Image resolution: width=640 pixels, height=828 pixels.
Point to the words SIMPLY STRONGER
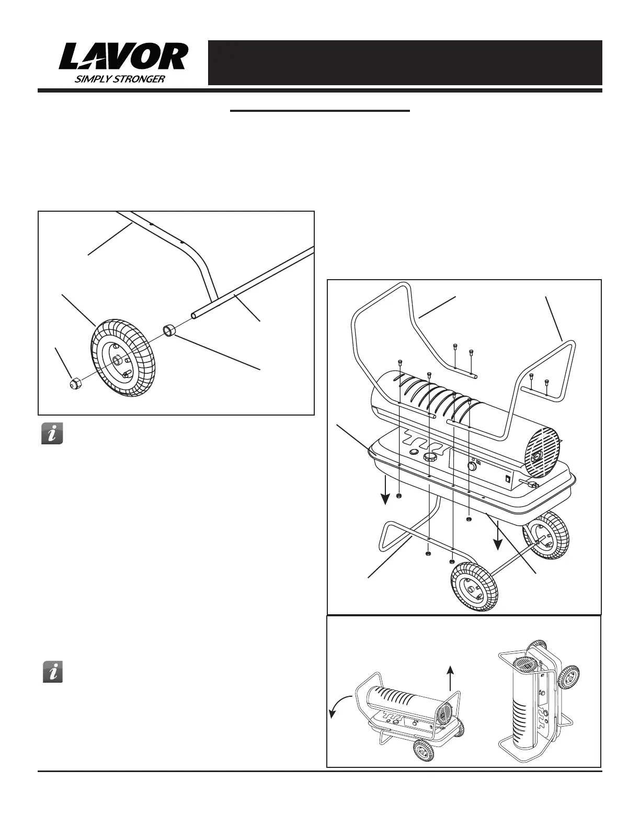pyautogui.click(x=121, y=79)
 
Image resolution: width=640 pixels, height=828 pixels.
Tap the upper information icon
pyautogui.click(x=52, y=434)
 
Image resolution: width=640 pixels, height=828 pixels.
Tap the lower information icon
pyautogui.click(x=52, y=672)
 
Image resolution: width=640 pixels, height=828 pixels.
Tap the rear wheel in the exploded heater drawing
pyautogui.click(x=545, y=537)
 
